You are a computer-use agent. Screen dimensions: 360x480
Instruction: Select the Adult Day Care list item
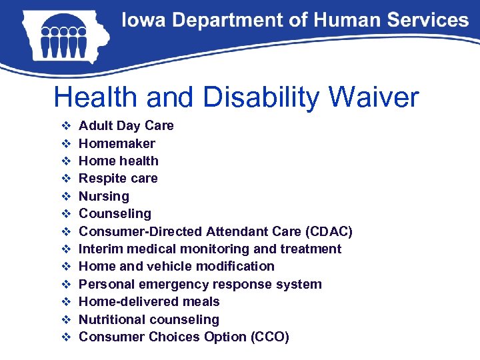[126, 125]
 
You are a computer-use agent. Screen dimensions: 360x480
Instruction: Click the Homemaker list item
[117, 143]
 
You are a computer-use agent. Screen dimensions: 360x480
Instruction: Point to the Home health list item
[119, 161]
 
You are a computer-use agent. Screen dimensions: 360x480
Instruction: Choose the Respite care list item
[118, 178]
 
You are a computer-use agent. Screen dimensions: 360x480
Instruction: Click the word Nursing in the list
[104, 196]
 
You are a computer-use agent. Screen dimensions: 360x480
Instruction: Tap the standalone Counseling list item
[115, 213]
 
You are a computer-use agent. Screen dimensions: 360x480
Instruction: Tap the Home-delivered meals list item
[149, 301]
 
